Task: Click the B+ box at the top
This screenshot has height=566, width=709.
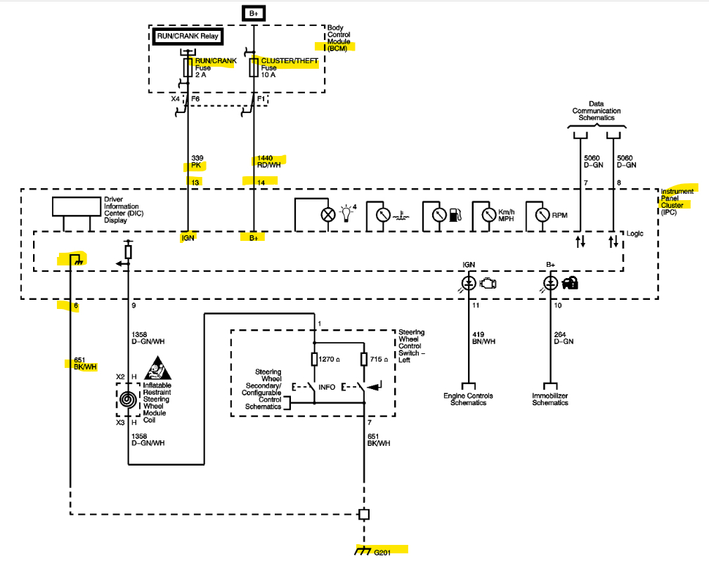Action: point(253,13)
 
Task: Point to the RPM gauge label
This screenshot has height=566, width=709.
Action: point(560,215)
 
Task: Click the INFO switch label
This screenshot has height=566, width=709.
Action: point(327,387)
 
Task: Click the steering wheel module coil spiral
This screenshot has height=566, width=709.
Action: point(128,400)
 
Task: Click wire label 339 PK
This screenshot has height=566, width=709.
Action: point(197,162)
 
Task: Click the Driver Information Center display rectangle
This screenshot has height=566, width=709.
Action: point(76,206)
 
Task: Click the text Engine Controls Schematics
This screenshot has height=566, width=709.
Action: point(468,399)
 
